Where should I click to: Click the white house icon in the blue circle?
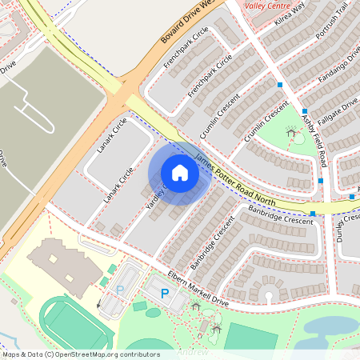(180, 172)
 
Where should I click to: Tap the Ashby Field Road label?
(314, 140)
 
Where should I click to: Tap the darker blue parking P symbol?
(166, 294)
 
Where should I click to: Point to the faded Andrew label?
(192, 352)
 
